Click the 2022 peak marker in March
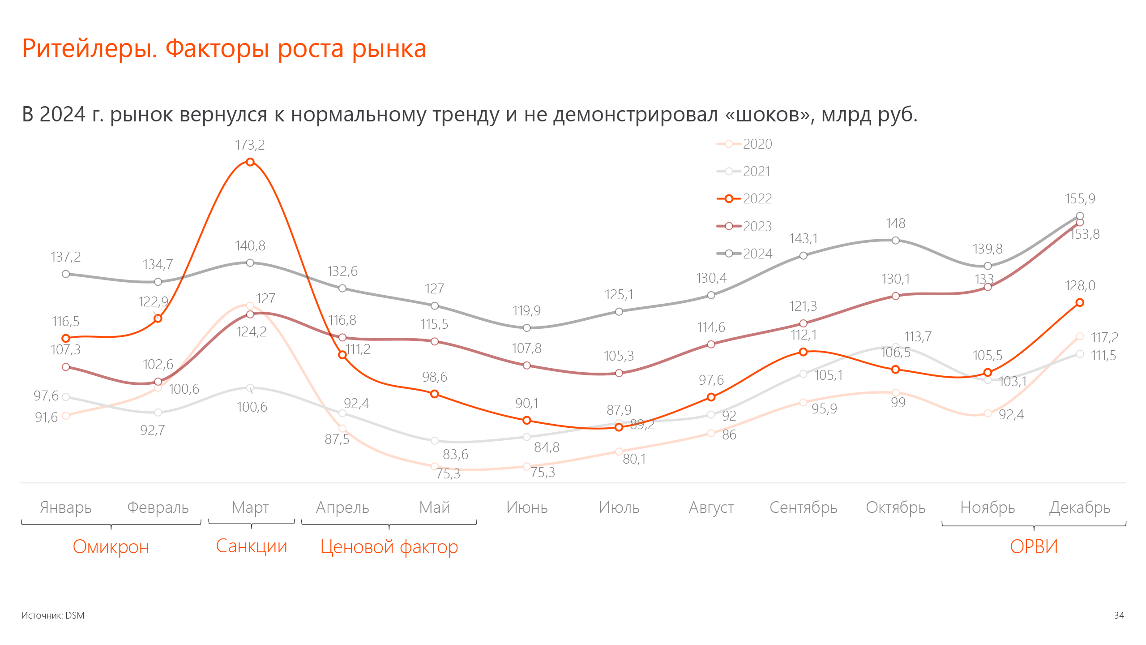coord(250,162)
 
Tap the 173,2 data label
coord(250,145)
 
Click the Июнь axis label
coord(527,507)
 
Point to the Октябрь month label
coord(895,507)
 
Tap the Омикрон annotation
coord(111,547)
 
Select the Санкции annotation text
coord(251,546)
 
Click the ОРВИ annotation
coord(1034,546)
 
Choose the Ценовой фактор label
coord(389,547)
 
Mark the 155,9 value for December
coord(1080,198)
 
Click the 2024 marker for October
coord(895,241)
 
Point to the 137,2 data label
coord(66,257)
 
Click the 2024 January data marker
coord(66,274)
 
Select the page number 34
coord(1119,615)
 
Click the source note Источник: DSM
coord(53,615)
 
